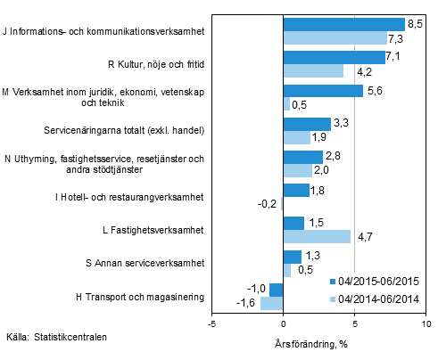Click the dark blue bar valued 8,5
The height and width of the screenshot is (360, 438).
tap(343, 24)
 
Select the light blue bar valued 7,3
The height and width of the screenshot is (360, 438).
tap(335, 37)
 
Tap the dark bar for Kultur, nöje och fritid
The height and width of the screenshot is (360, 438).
tap(334, 58)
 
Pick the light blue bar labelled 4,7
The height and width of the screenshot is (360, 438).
tap(317, 236)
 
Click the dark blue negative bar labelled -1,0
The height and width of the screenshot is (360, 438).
tap(276, 290)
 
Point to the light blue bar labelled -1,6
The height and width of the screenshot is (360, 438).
tap(271, 303)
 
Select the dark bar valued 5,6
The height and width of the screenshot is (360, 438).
tap(323, 91)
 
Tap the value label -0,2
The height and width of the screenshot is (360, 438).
tap(267, 203)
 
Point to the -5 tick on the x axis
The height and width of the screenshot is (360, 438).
tap(211, 325)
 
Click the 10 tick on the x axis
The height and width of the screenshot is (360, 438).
tap(425, 325)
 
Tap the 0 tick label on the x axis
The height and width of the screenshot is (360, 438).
tap(283, 325)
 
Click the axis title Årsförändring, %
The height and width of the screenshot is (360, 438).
tap(306, 343)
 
